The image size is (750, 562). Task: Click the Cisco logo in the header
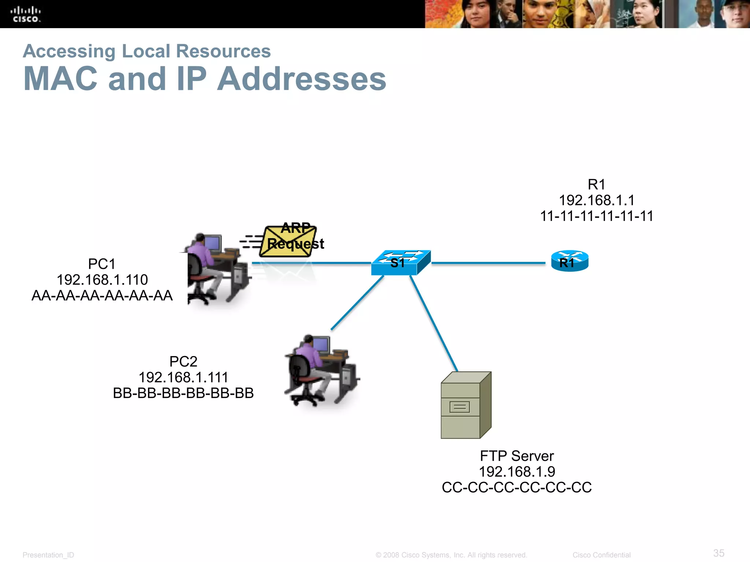(x=26, y=15)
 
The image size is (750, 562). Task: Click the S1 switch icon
(x=400, y=263)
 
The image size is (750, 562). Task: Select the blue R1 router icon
(x=569, y=261)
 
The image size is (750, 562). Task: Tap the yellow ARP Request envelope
(x=288, y=242)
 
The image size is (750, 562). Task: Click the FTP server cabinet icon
(x=465, y=405)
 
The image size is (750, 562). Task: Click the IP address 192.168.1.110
(x=102, y=280)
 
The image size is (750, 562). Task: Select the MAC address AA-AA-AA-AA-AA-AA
(x=102, y=296)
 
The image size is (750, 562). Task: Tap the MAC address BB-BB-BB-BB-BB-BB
(x=183, y=393)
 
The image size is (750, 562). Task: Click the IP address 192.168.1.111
(x=183, y=377)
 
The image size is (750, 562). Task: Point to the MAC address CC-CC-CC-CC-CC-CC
(x=516, y=487)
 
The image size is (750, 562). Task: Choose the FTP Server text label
(x=516, y=456)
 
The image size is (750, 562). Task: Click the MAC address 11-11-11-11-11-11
(x=597, y=216)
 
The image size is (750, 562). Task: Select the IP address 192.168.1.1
(x=597, y=200)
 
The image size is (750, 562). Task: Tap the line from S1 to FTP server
(x=434, y=324)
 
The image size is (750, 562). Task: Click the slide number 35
(x=719, y=553)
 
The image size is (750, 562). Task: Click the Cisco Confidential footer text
(x=601, y=555)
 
